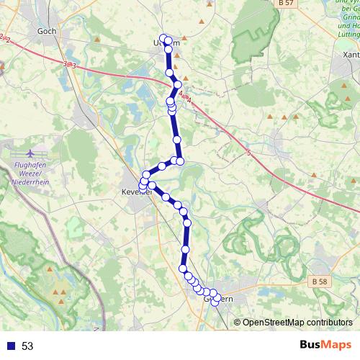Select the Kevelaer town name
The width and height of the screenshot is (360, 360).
(135, 193)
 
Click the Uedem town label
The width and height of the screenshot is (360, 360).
(168, 43)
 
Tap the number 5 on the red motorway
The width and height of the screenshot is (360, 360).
(249, 153)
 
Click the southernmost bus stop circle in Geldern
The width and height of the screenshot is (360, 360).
(214, 301)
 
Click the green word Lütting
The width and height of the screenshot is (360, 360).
(346, 34)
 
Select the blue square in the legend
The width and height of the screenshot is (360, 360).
(10, 346)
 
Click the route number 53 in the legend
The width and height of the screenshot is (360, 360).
(27, 346)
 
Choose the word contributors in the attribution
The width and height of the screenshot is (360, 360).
(329, 322)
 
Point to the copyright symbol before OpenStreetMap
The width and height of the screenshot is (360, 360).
(238, 322)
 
